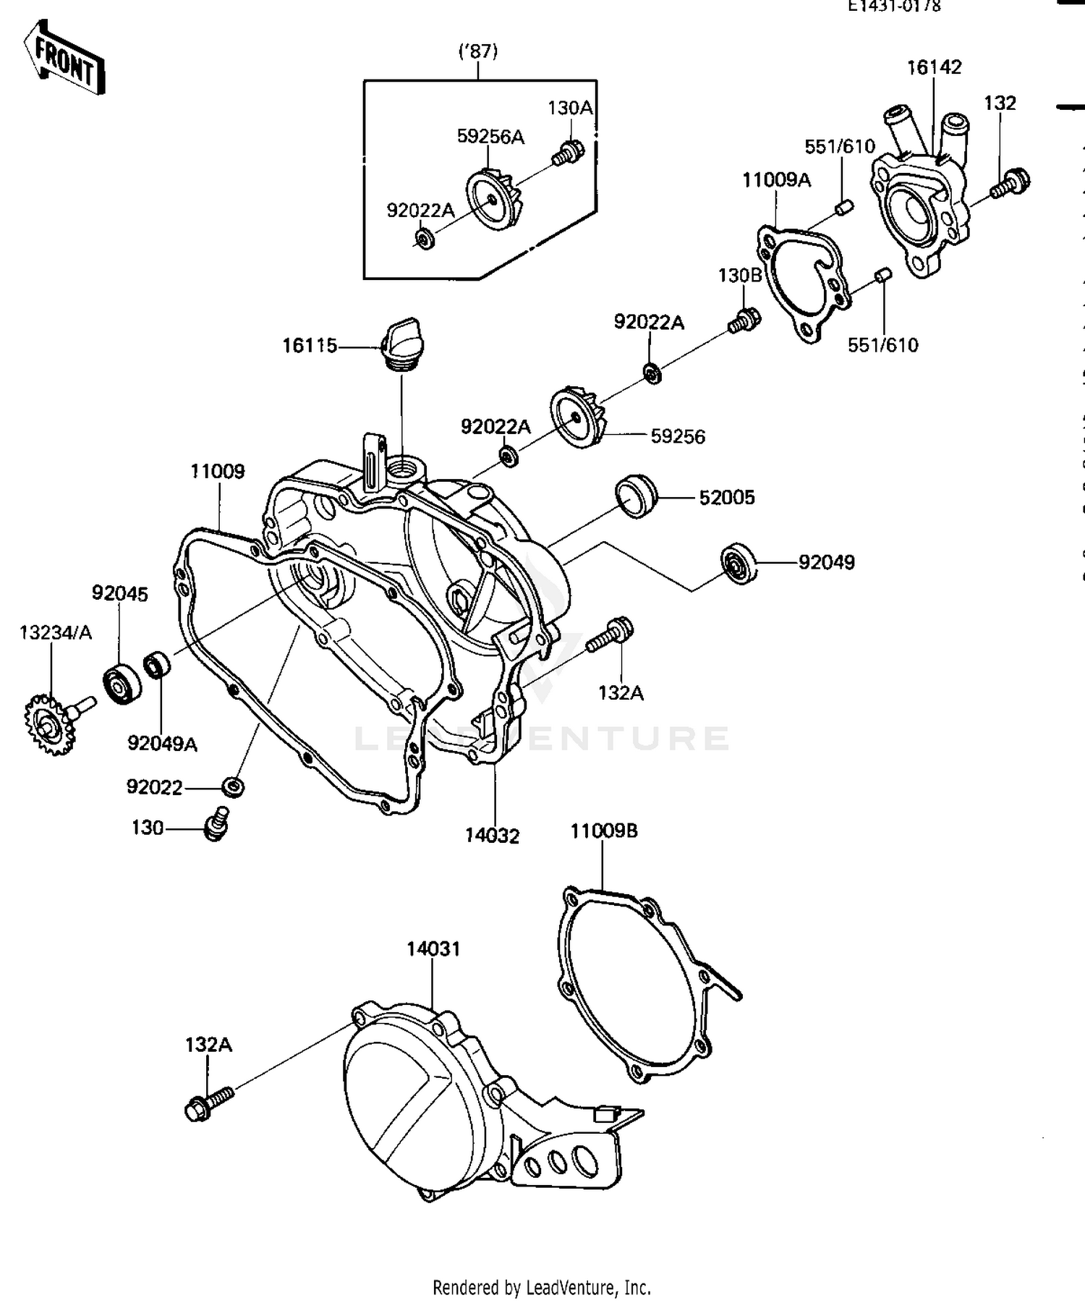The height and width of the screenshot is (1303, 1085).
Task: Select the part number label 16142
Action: [x=934, y=67]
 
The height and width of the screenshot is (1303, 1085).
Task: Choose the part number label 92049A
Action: [x=162, y=743]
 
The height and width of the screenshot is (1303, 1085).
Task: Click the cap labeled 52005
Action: [x=635, y=497]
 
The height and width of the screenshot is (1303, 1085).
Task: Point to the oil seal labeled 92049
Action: [x=739, y=562]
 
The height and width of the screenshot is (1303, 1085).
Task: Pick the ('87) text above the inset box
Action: [x=478, y=51]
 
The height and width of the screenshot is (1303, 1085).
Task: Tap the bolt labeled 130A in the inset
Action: [x=569, y=152]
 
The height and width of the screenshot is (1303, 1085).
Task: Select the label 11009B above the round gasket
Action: [x=604, y=831]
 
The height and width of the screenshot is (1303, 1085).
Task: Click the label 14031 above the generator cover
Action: [x=433, y=948]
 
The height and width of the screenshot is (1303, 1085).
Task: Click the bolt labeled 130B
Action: [x=744, y=321]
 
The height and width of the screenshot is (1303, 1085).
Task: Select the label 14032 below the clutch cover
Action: [x=492, y=836]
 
